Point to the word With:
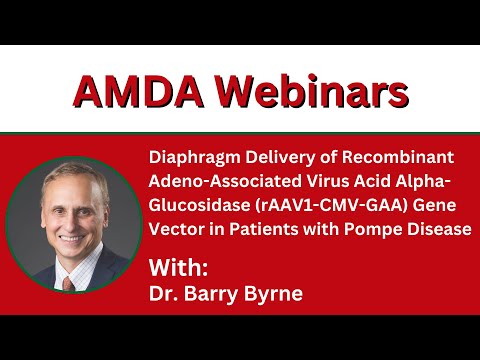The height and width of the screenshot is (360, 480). click(179, 267)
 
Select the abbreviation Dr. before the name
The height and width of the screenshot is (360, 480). click(163, 295)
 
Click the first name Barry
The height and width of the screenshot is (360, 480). click(211, 295)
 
